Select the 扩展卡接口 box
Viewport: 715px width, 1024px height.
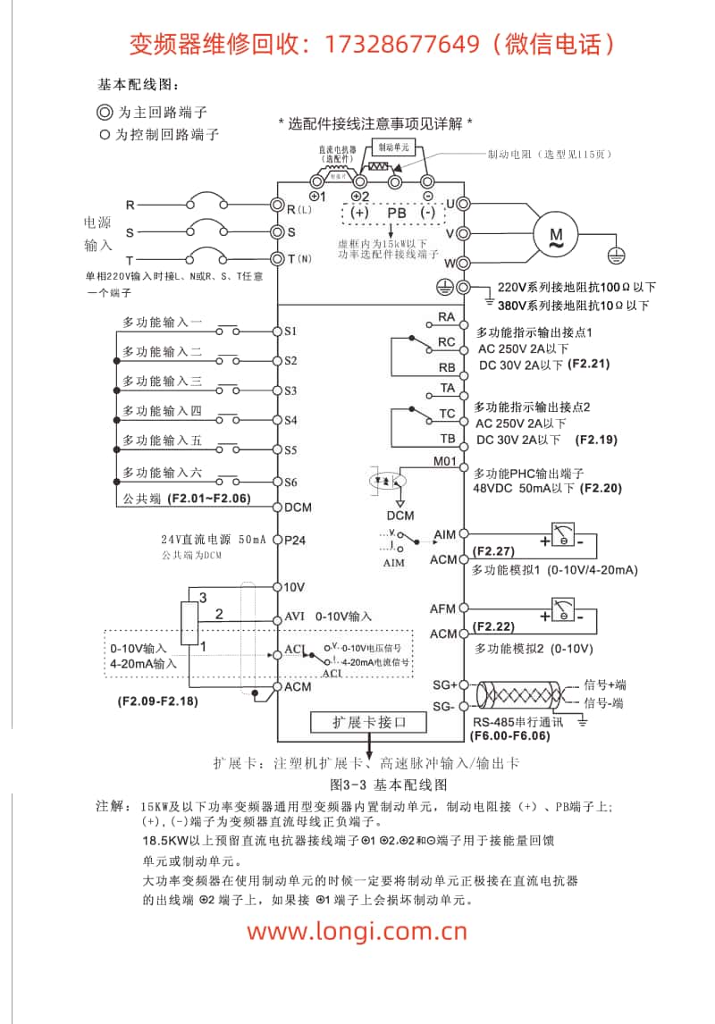pos(369,721)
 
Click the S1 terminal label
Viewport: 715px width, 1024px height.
pos(290,331)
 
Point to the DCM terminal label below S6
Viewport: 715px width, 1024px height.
pos(298,508)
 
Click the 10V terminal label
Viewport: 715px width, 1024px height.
pos(294,587)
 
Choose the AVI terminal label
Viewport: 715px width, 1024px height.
pos(294,617)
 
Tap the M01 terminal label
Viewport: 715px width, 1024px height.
pos(445,463)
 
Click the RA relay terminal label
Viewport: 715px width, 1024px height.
pos(446,317)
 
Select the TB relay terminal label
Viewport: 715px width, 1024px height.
pos(447,439)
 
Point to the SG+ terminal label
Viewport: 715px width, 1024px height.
pos(444,684)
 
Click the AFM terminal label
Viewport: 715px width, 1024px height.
pos(443,609)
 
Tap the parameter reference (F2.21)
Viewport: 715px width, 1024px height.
pos(589,365)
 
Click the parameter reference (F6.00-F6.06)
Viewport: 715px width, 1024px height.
pos(509,737)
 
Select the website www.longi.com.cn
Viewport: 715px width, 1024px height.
pos(357,931)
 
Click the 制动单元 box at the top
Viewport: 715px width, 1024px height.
pos(394,147)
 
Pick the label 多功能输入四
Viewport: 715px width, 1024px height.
pos(162,411)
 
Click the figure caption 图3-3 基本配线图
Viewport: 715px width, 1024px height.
pos(388,785)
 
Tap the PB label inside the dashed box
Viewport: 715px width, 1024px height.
pos(396,214)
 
